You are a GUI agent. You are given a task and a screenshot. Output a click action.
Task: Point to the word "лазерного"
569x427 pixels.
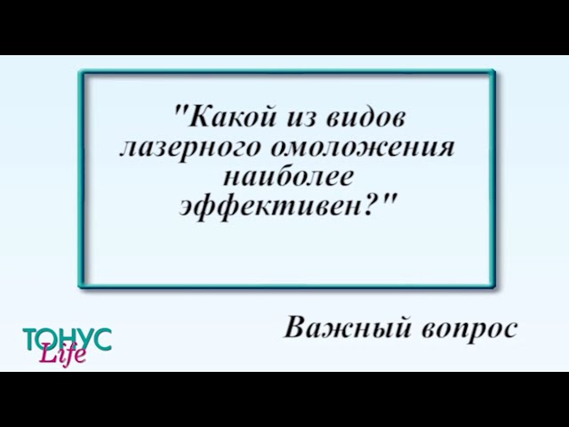tap(182, 147)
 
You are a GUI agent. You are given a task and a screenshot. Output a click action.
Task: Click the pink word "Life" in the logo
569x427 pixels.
tap(62, 355)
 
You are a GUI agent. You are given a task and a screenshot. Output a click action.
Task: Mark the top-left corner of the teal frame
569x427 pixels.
tap(81, 72)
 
